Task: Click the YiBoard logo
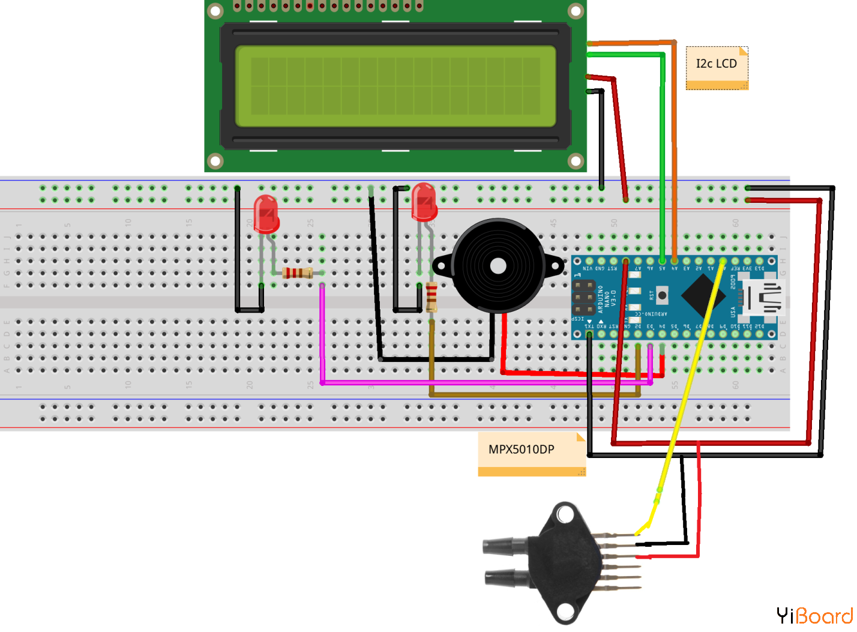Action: pyautogui.click(x=814, y=616)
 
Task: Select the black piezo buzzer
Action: pyautogui.click(x=498, y=265)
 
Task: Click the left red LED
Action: pyautogui.click(x=266, y=213)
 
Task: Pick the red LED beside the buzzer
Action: pyautogui.click(x=424, y=202)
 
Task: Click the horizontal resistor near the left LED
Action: pyautogui.click(x=298, y=273)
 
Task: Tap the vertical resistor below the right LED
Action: pyautogui.click(x=432, y=295)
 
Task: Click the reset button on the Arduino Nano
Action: pyautogui.click(x=662, y=295)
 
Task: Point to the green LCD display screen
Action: pyautogui.click(x=395, y=86)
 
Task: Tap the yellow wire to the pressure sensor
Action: pyautogui.click(x=690, y=384)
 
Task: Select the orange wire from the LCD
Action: pyautogui.click(x=674, y=150)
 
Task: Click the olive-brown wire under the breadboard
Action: pyautogui.click(x=534, y=394)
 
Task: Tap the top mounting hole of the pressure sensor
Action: pyautogui.click(x=565, y=514)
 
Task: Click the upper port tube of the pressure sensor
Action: pyautogui.click(x=505, y=546)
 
